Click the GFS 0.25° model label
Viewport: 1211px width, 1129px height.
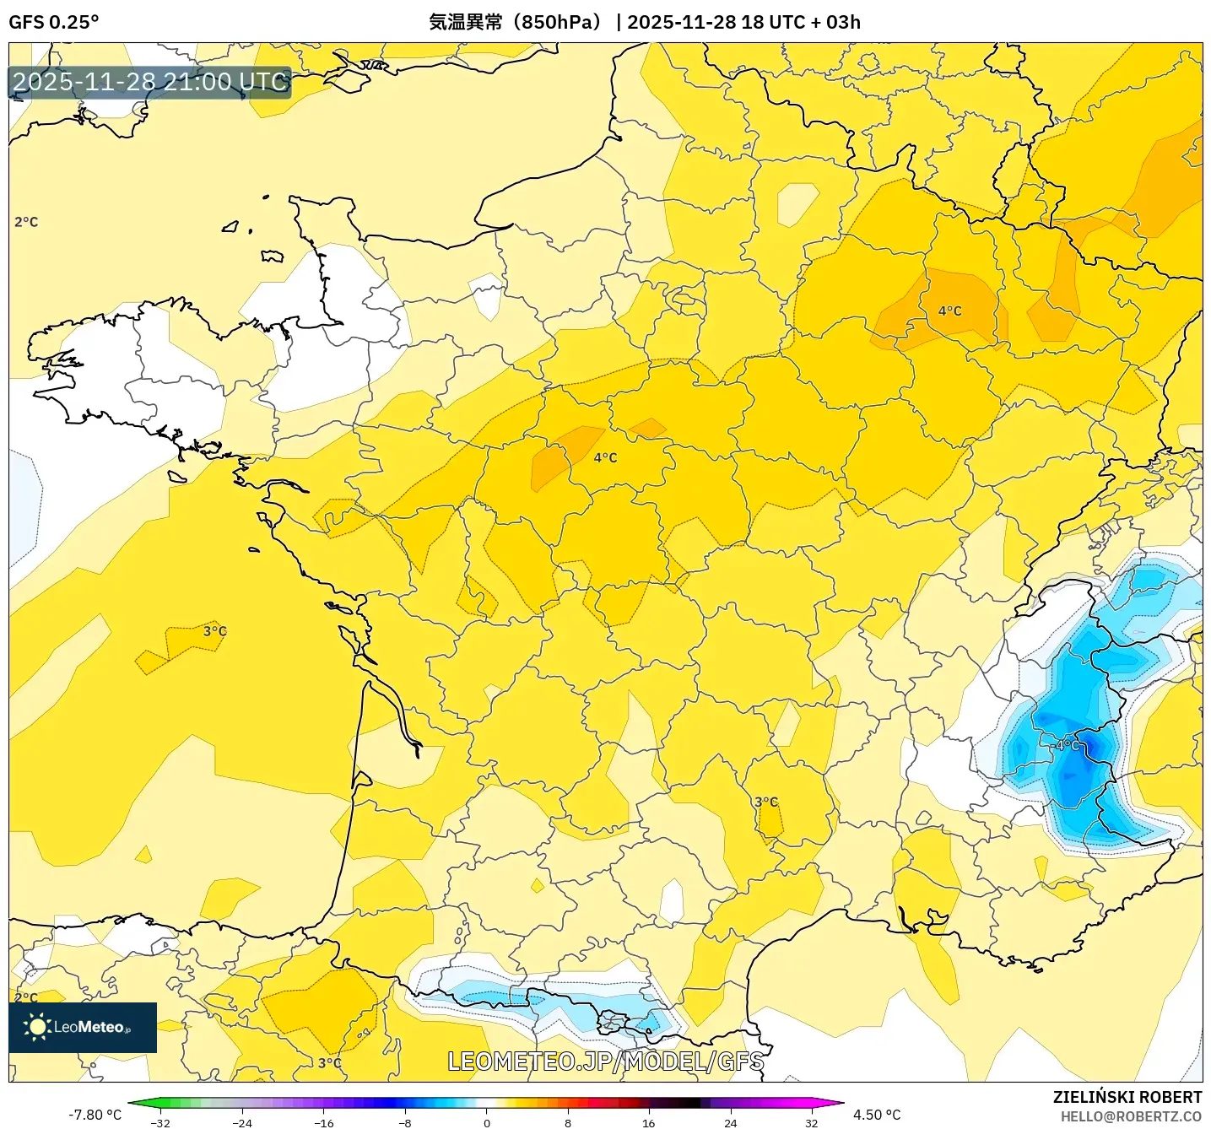[x=53, y=22]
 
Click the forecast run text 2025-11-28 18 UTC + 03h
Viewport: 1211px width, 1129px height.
[x=743, y=22]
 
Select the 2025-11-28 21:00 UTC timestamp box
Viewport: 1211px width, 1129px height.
[x=150, y=82]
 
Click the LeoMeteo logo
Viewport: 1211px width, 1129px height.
[x=83, y=1027]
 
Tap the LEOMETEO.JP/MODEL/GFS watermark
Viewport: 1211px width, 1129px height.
[x=605, y=1061]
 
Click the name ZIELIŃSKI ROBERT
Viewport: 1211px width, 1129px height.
[x=1127, y=1097]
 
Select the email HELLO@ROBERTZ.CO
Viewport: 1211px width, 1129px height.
[x=1131, y=1116]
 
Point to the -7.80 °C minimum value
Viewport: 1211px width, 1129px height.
[x=95, y=1115]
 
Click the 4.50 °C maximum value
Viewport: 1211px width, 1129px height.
[x=877, y=1115]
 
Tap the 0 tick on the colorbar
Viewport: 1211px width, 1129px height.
[x=487, y=1122]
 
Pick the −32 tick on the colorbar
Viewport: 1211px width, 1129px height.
[x=160, y=1122]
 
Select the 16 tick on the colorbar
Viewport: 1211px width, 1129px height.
[x=648, y=1122]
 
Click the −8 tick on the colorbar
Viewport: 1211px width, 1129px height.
[x=405, y=1122]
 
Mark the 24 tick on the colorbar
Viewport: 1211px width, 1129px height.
[x=730, y=1122]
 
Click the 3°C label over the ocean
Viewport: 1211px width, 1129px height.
[x=214, y=631]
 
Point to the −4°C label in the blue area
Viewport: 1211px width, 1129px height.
[x=1066, y=745]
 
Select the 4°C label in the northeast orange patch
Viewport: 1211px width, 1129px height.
[x=949, y=311]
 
